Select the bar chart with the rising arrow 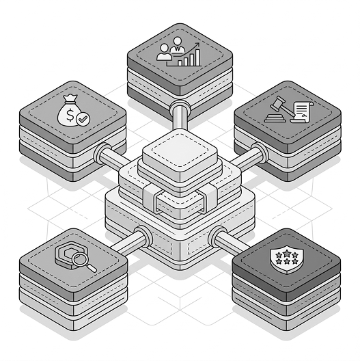[x=191, y=55]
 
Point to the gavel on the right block [x=277, y=110]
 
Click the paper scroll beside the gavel [x=301, y=109]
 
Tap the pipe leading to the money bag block [x=109, y=157]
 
